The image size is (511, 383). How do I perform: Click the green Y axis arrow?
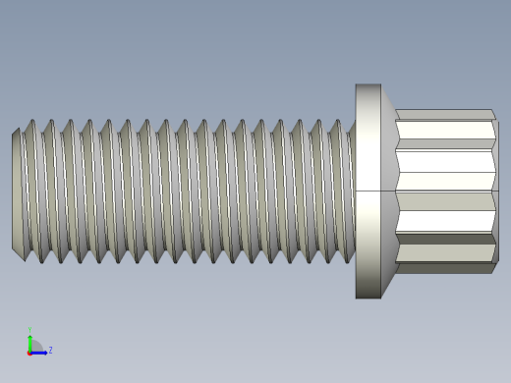[30, 339]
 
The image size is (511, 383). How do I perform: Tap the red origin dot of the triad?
[30, 352]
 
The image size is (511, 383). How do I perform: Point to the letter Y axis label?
[30, 330]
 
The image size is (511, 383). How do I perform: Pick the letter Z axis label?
[50, 350]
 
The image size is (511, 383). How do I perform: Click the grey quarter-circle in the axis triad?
[35, 346]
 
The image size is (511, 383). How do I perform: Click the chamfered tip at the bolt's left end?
[17, 191]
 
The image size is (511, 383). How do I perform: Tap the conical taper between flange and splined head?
[388, 191]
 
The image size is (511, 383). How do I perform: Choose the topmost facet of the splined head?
[444, 115]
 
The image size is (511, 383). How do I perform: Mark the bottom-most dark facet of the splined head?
[444, 267]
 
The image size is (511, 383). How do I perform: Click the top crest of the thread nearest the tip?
[30, 122]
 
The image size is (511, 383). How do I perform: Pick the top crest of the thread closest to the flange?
[336, 122]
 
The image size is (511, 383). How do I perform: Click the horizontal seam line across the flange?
[368, 191]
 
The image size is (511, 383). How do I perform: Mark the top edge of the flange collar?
[368, 85]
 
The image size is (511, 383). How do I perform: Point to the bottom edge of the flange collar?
[368, 297]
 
